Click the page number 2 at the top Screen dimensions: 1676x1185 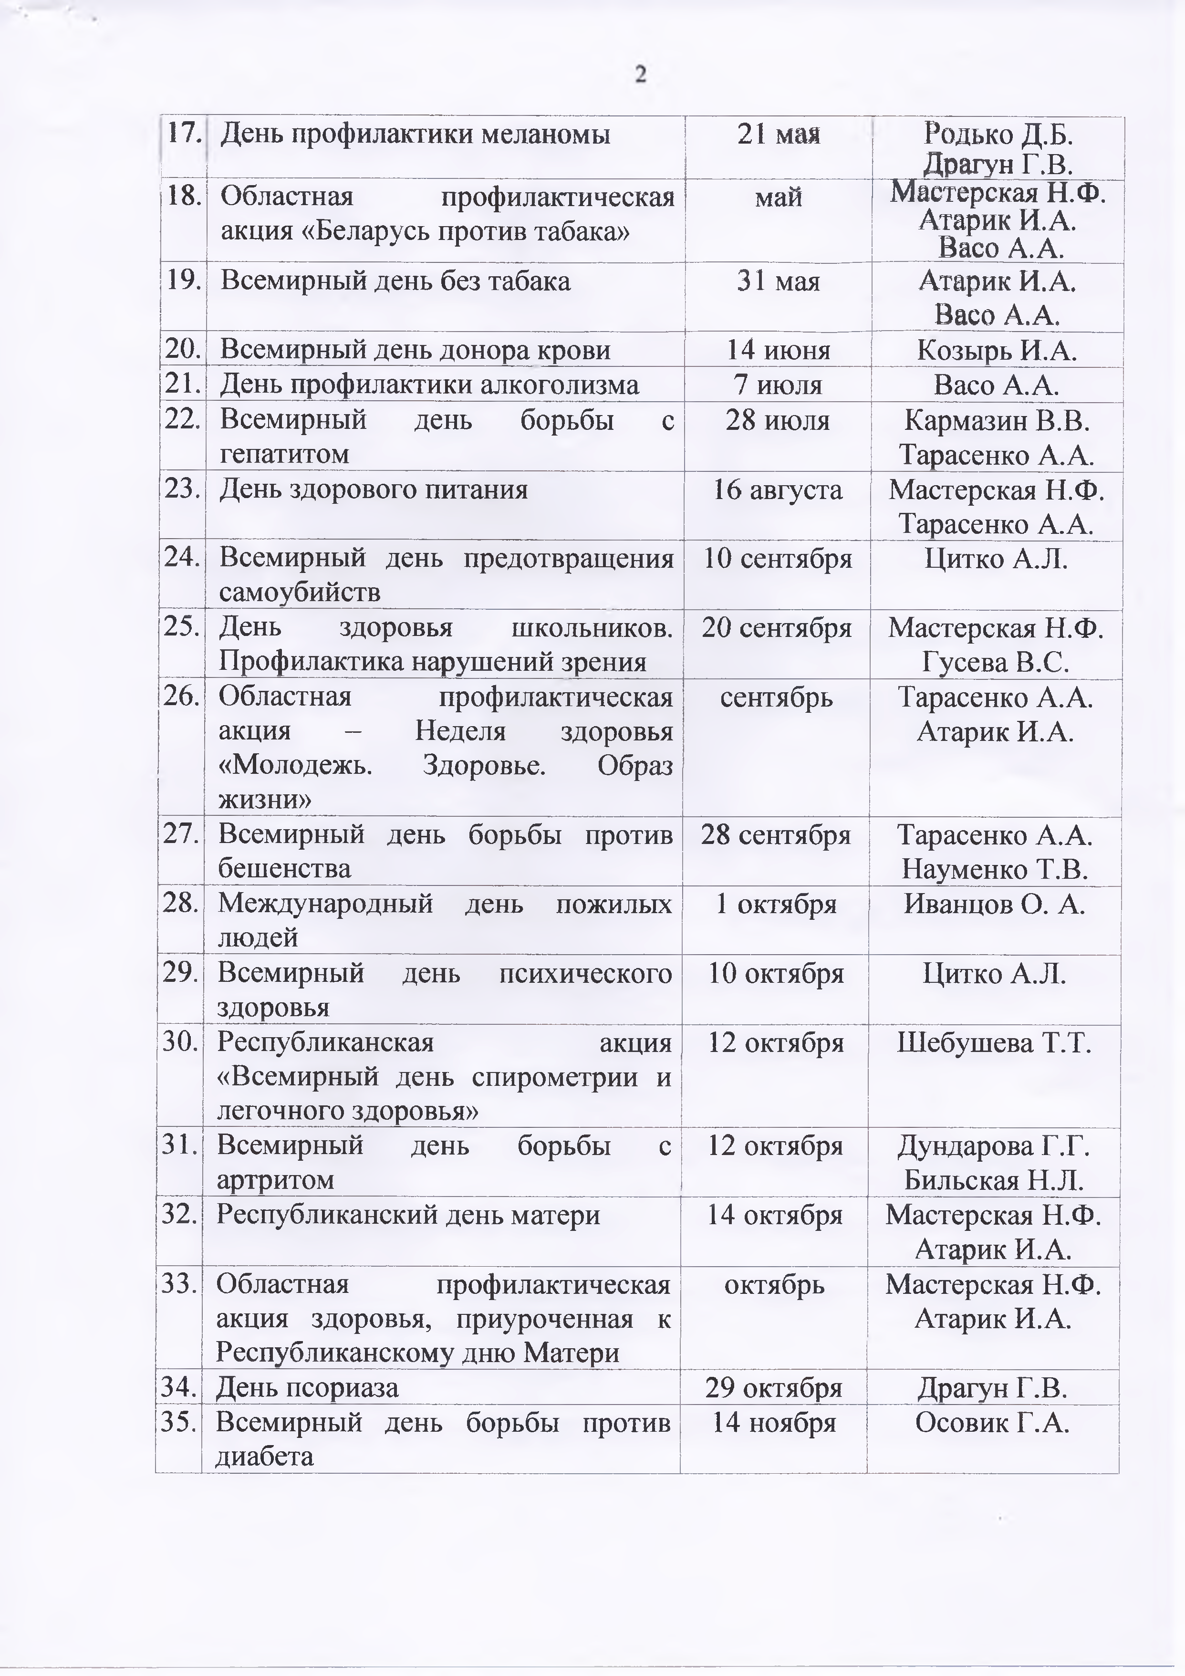640,75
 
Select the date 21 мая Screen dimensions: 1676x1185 779,135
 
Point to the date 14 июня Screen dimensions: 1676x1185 779,350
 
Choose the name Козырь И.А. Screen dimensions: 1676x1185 997,350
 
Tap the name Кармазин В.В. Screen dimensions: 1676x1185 997,420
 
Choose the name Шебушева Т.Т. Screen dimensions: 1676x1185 994,1043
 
